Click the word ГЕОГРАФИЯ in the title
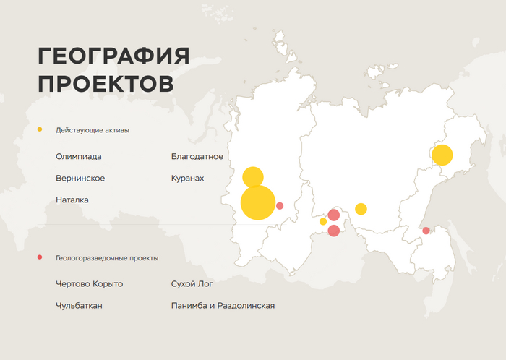pos(113,56)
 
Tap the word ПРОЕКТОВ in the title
pos(106,82)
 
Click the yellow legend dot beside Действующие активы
pos(40,129)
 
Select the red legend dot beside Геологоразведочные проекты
pos(40,257)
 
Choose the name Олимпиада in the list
pos(79,156)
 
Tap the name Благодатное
pos(197,156)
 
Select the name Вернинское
pos(80,178)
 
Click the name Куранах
pos(188,178)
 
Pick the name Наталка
pos(72,200)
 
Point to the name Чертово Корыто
pos(89,284)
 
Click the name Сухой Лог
pos(192,284)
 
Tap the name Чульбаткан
pos(79,306)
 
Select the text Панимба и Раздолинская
pos(223,306)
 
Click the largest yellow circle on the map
pos(258,202)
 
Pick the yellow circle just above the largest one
pos(252,177)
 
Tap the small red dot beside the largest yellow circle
pos(280,206)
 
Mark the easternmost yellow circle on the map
pos(442,155)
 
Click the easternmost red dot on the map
pos(426,231)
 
